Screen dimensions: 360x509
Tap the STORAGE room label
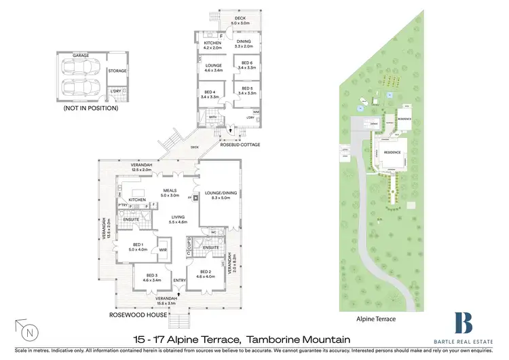tap(117, 70)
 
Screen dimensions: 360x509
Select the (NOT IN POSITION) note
tap(90, 108)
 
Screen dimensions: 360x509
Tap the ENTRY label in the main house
tap(179, 281)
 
